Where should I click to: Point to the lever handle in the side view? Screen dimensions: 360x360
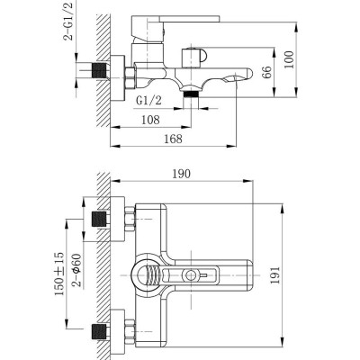click(x=184, y=19)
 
